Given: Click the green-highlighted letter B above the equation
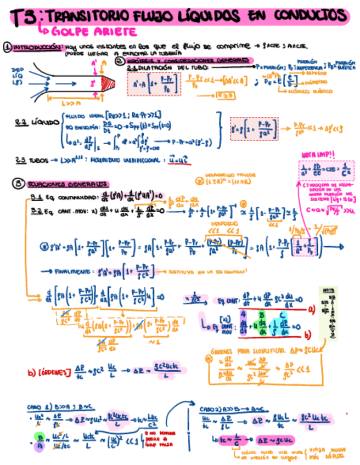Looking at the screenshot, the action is [x=262, y=316].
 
